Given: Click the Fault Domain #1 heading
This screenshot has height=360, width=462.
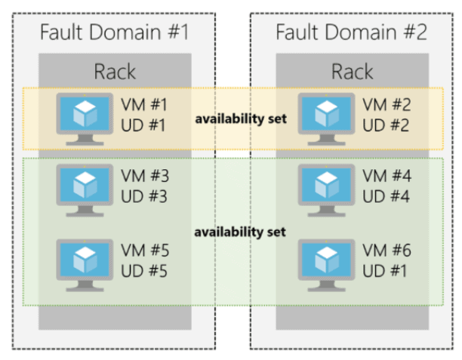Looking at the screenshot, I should coord(113,33).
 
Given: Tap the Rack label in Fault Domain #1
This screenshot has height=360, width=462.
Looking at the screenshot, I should coord(115,72).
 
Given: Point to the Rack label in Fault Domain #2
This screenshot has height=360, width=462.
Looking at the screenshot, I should coord(352,72).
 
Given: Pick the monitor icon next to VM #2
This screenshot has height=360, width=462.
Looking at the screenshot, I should coord(325,115).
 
